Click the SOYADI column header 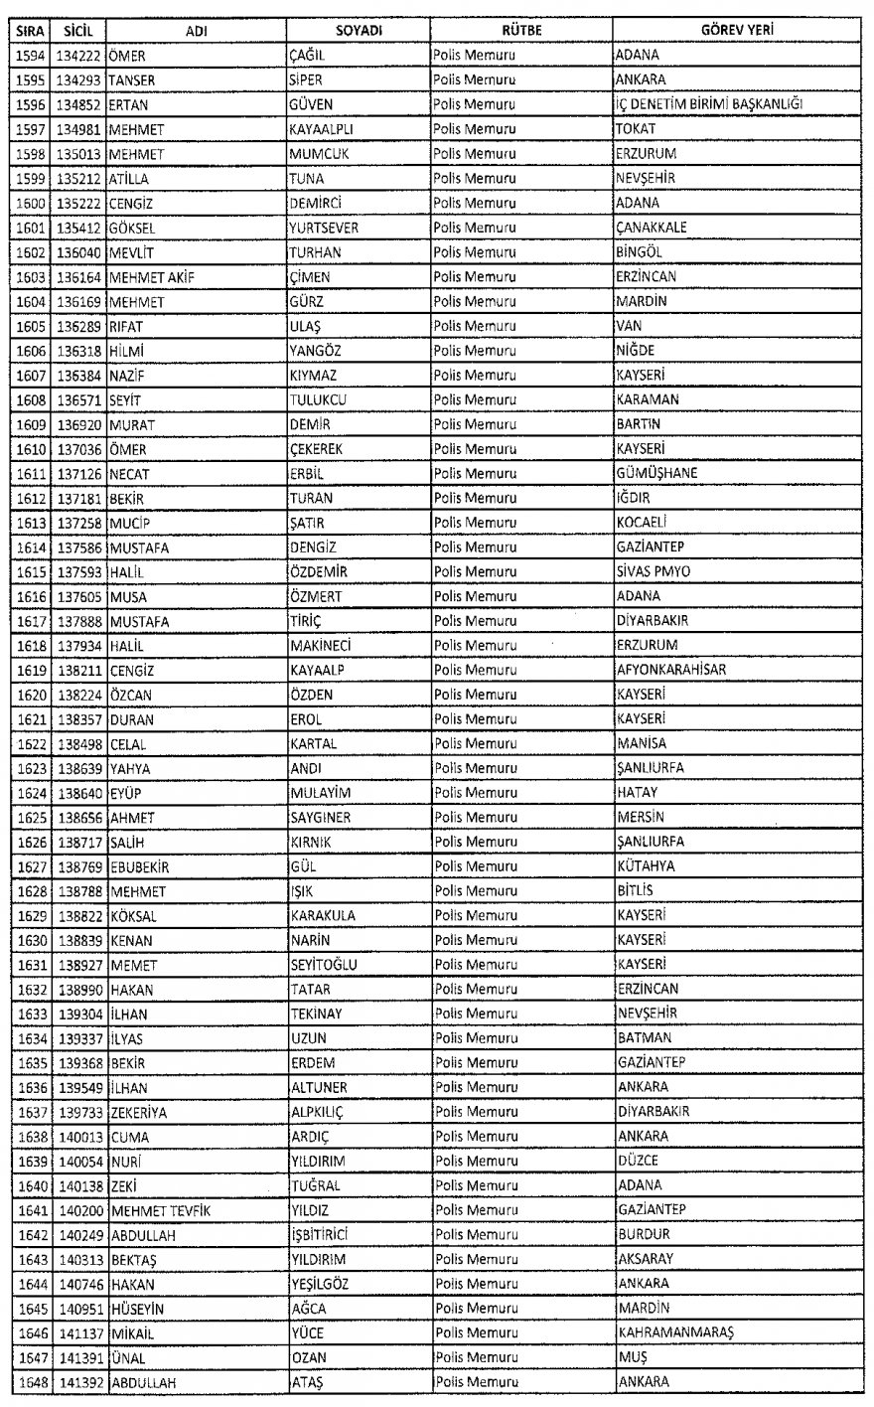point(359,31)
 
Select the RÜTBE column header point(520,31)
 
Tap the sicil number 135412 point(77,228)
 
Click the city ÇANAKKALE point(652,228)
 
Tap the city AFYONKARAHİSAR point(670,670)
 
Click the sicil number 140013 point(77,1136)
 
